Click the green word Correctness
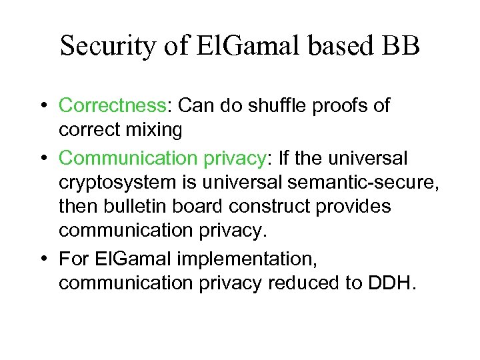(x=112, y=106)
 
